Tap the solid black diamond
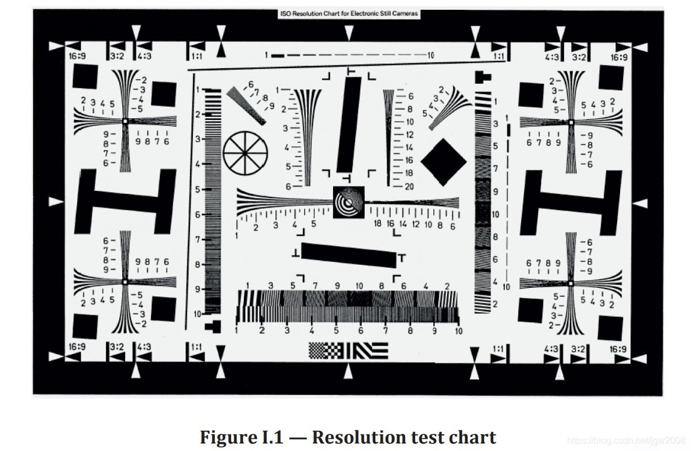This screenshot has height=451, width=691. coord(443,161)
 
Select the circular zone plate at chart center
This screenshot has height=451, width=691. coord(349,202)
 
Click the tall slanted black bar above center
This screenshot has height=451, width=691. coord(349,125)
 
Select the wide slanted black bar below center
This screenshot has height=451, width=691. coord(349,255)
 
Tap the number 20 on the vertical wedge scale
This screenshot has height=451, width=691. coord(409,186)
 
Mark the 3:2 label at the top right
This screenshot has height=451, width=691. coord(579,57)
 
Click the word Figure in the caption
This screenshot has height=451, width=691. coord(226,437)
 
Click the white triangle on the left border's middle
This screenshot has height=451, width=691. coord(55,202)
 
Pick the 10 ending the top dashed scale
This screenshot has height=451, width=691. coord(431,55)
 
